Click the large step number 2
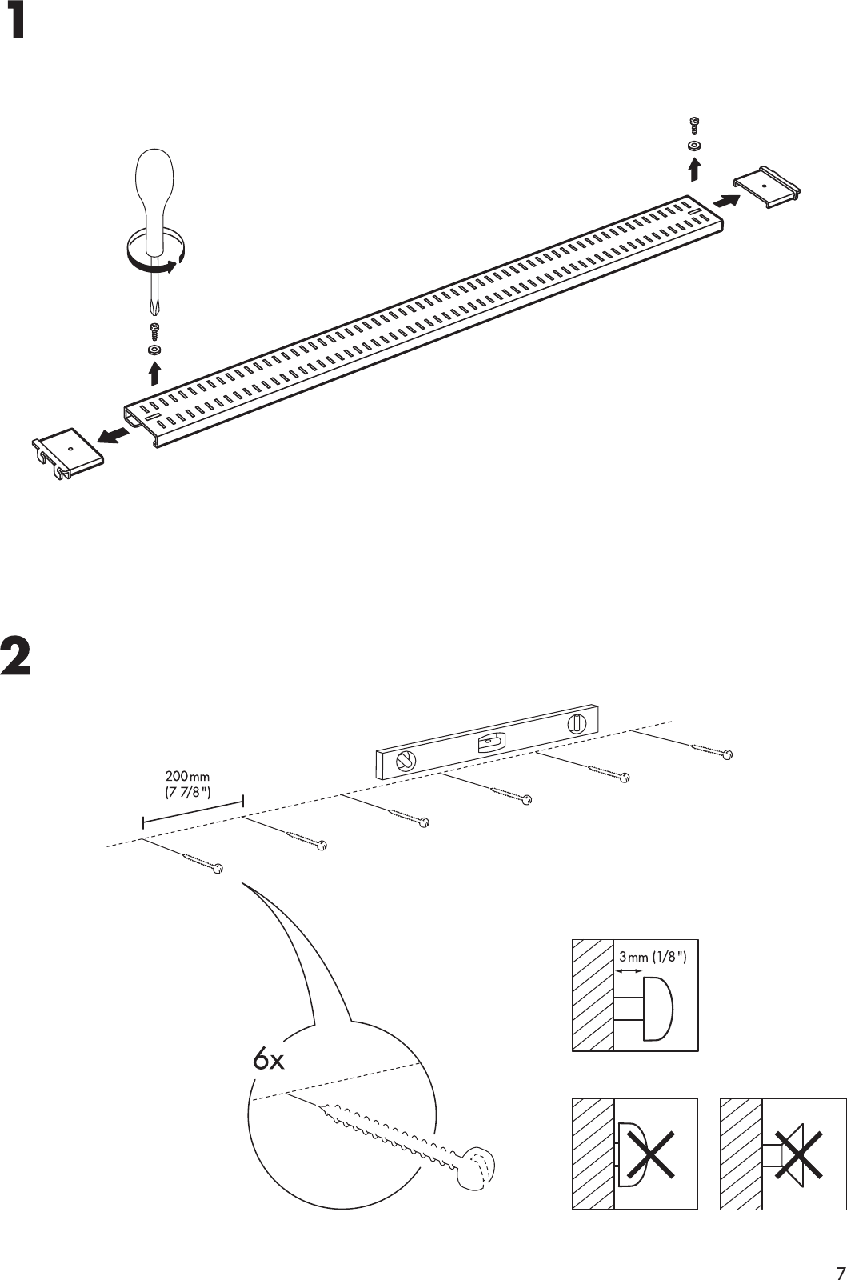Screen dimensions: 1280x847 (17, 657)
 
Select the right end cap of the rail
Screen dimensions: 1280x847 (767, 187)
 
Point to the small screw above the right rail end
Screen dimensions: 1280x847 (693, 125)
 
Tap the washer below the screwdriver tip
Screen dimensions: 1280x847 (154, 350)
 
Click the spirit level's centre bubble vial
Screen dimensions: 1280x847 (489, 743)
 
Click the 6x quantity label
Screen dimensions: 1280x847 (268, 1061)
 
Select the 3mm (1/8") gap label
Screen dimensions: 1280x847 (653, 956)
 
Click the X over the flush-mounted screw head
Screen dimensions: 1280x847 (651, 1153)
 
